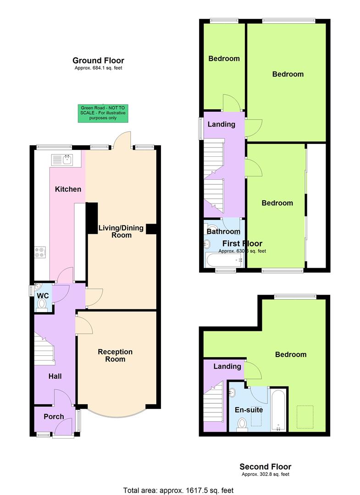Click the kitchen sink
62,159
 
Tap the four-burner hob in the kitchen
40,252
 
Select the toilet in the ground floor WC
43,304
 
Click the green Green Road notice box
102,113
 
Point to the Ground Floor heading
98,60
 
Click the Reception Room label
115,356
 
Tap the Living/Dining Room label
121,231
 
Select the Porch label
54,417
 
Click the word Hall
55,376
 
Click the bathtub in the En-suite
279,410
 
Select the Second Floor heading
265,467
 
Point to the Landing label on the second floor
227,366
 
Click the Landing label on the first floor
222,124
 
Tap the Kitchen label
68,189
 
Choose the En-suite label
249,410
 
